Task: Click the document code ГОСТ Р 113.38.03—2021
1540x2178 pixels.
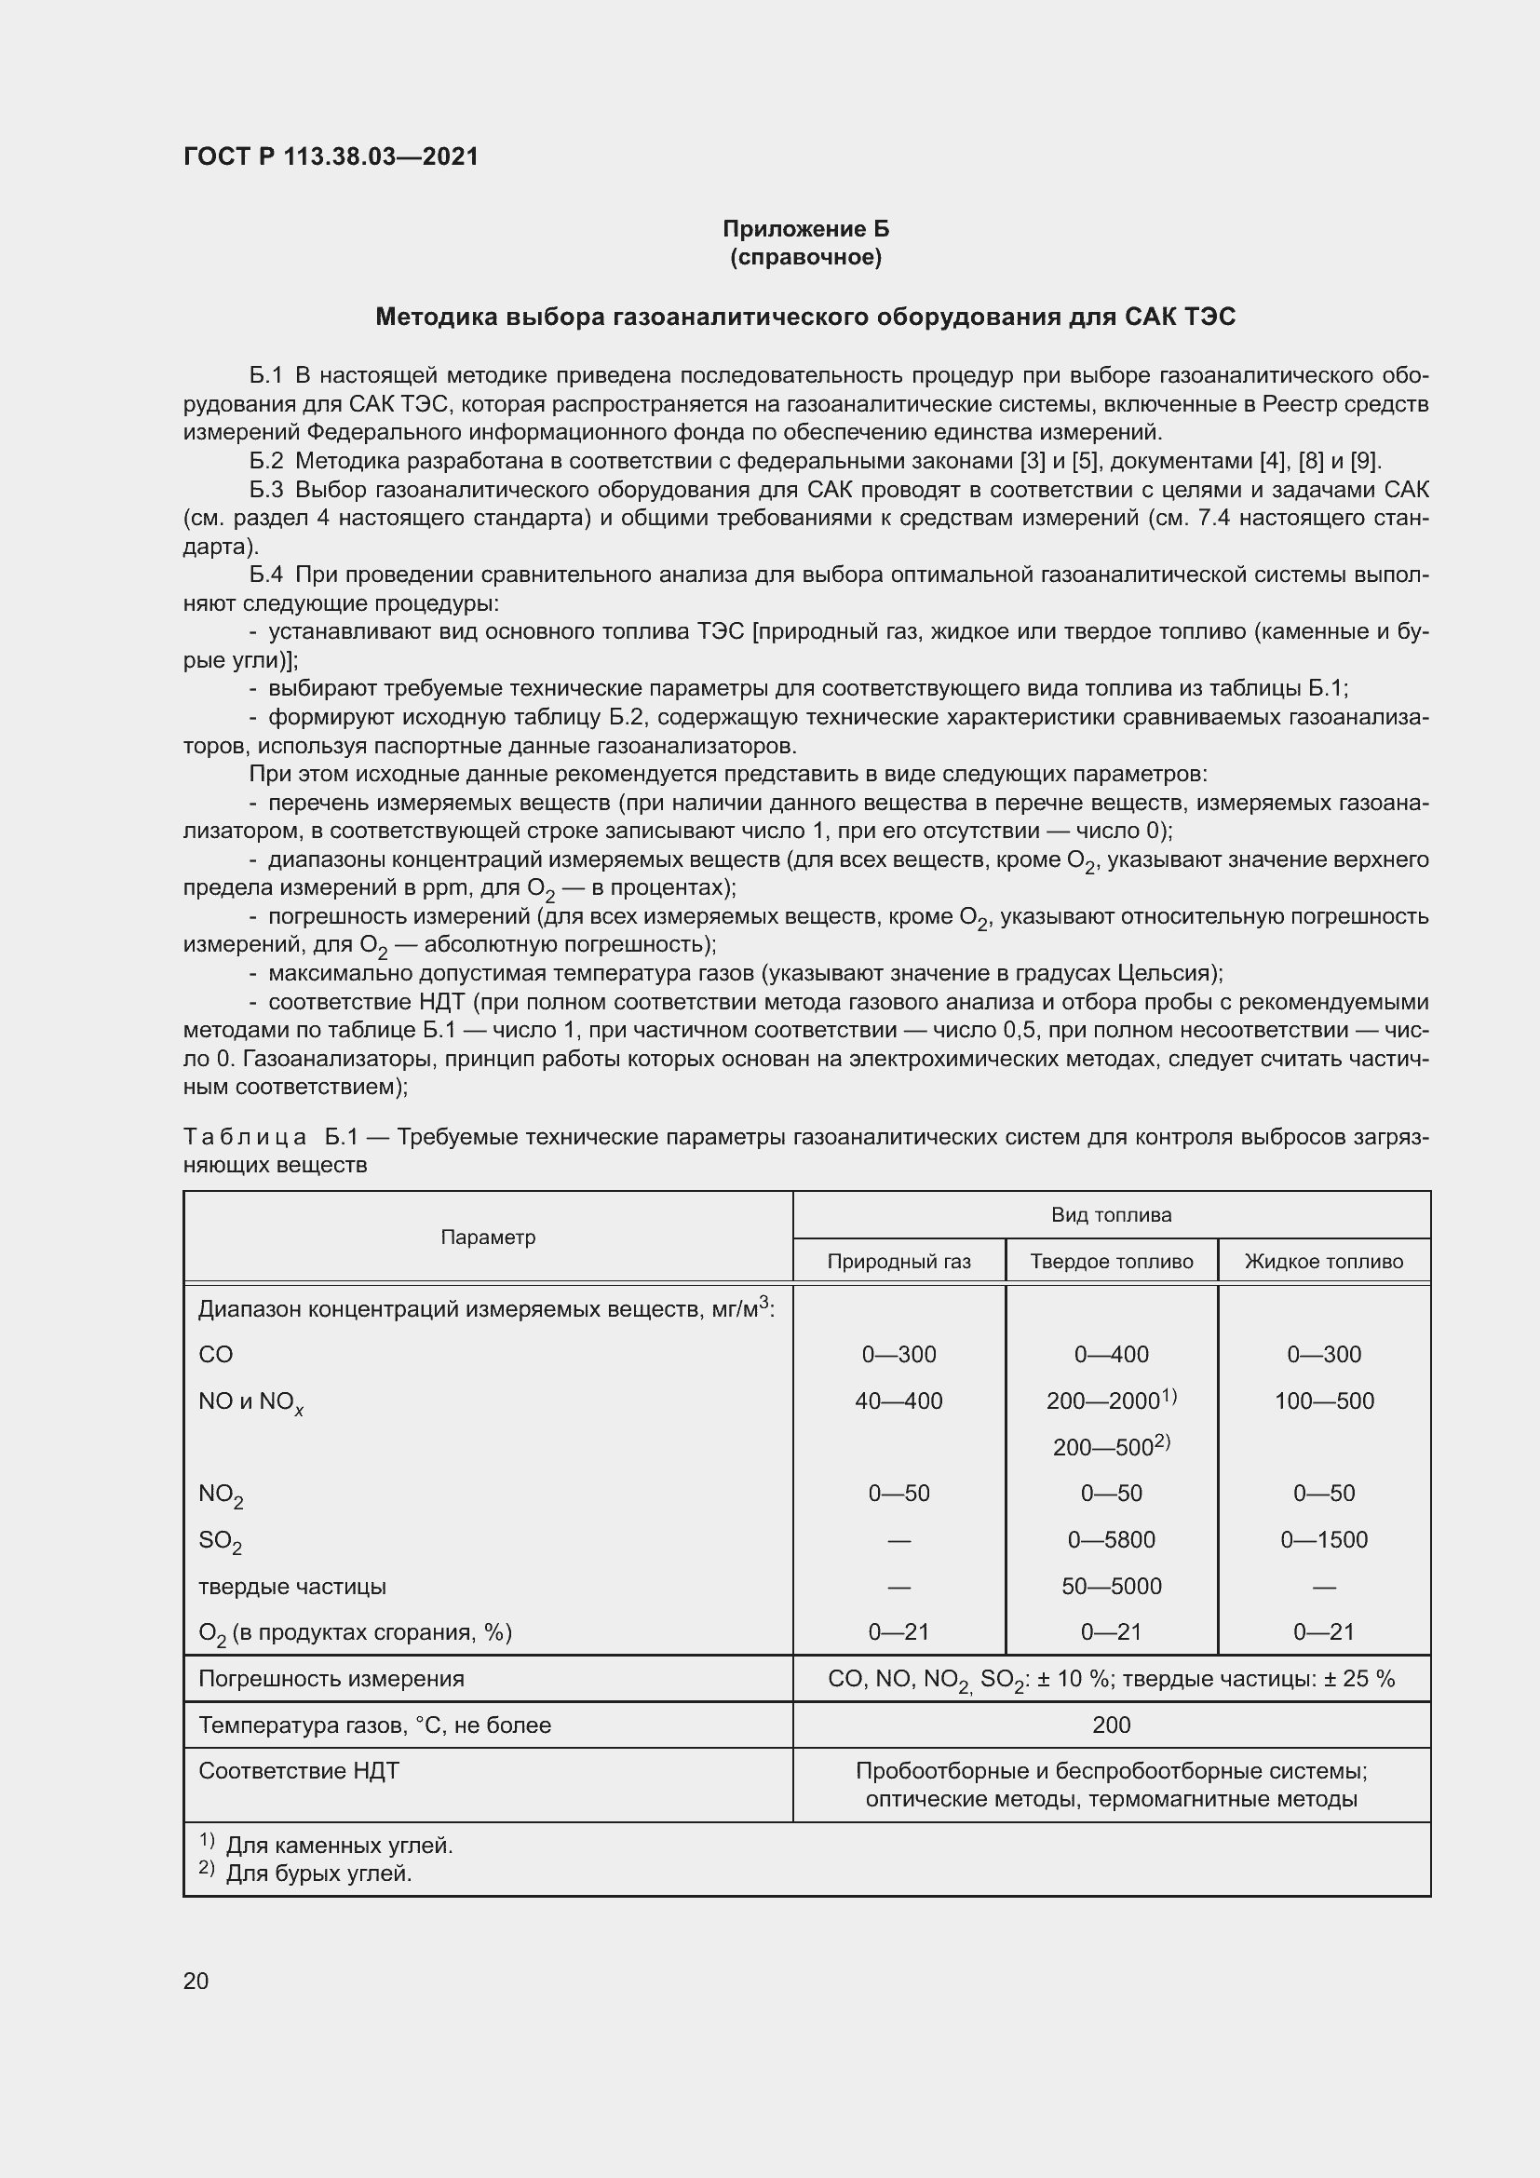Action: [x=331, y=156]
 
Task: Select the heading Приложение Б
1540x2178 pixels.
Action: [x=805, y=229]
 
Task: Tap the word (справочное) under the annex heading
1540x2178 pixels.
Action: [x=805, y=257]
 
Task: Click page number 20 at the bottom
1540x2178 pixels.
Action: [x=196, y=1981]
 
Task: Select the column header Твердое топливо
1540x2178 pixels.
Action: [x=1112, y=1262]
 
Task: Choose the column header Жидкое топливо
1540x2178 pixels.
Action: [x=1323, y=1262]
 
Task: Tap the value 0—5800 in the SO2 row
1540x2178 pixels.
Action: [x=1112, y=1539]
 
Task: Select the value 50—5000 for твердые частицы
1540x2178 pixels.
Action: [x=1112, y=1586]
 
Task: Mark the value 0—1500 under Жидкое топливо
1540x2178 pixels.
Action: [x=1323, y=1539]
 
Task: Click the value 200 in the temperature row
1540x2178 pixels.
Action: [x=1112, y=1725]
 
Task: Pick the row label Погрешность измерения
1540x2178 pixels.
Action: [x=331, y=1679]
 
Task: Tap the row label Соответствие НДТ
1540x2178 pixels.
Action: [x=299, y=1771]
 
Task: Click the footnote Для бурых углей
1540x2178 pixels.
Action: [x=318, y=1874]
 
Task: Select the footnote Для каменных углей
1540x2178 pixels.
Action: [x=339, y=1846]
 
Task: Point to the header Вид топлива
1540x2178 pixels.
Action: [x=1112, y=1215]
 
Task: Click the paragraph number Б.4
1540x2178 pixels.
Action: [x=265, y=575]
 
